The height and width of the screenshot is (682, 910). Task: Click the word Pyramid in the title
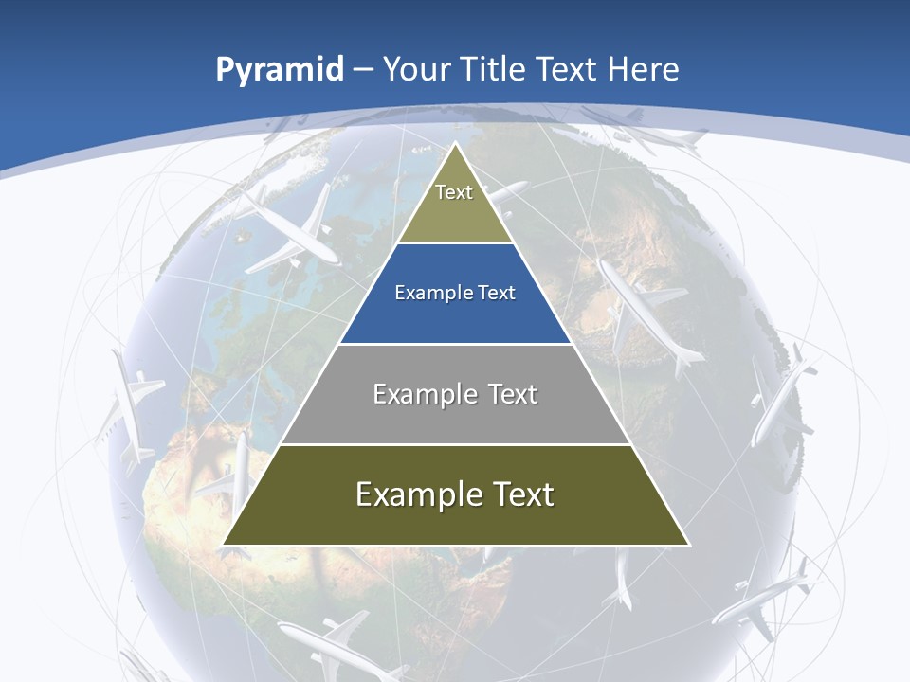[x=279, y=70]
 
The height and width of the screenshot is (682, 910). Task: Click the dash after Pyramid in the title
[x=362, y=70]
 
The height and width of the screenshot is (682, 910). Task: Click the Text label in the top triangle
[x=454, y=192]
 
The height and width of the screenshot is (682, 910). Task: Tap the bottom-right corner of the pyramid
[x=688, y=545]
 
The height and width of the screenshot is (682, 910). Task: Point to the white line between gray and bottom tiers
[x=455, y=444]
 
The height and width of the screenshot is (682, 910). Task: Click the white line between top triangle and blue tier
[x=455, y=243]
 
